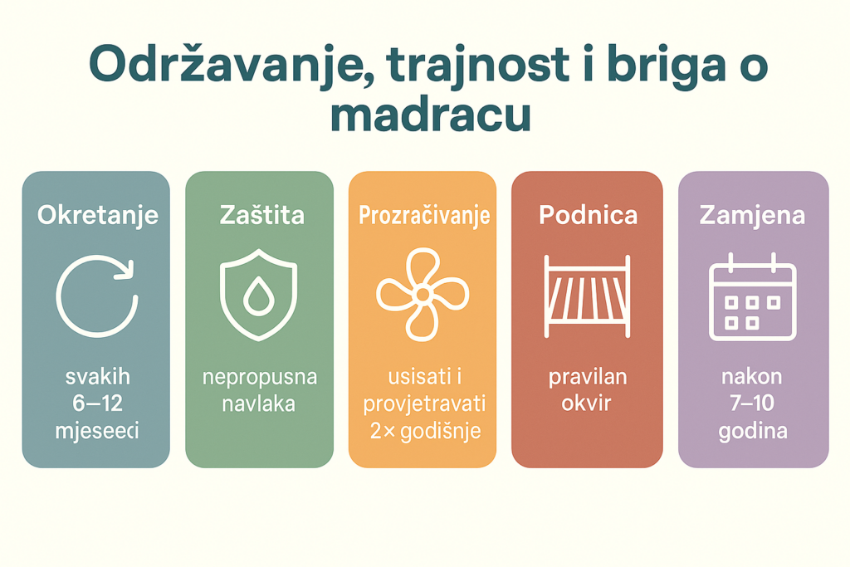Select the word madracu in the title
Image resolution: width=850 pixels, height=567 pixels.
click(x=429, y=116)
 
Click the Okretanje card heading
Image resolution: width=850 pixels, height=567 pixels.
click(x=97, y=215)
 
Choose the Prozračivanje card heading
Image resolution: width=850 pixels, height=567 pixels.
click(x=423, y=215)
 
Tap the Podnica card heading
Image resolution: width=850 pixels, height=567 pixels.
click(x=588, y=215)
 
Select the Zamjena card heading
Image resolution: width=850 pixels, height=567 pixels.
click(x=752, y=215)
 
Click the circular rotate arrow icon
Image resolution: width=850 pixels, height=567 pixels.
click(x=95, y=296)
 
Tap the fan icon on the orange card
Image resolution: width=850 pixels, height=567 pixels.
click(x=422, y=295)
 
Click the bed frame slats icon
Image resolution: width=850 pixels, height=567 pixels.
click(x=587, y=296)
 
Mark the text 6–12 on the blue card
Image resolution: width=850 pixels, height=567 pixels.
click(x=97, y=404)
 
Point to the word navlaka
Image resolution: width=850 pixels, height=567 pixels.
click(x=260, y=404)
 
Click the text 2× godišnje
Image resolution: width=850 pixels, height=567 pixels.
click(x=423, y=432)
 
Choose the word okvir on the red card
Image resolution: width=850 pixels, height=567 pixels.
click(x=587, y=404)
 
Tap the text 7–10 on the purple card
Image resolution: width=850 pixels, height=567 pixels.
click(x=752, y=404)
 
